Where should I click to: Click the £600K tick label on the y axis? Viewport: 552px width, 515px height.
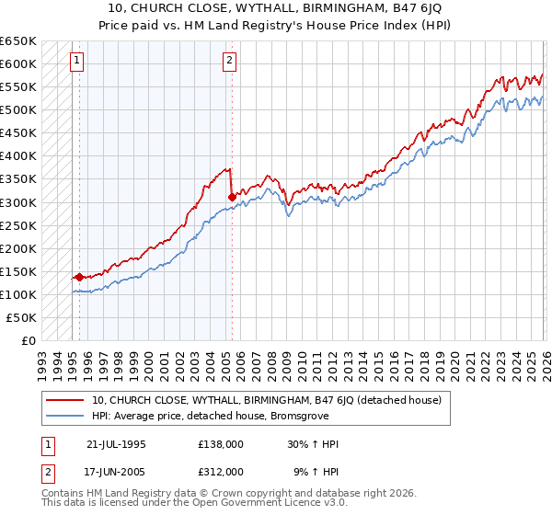18,64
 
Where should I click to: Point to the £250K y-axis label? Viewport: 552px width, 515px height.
18,225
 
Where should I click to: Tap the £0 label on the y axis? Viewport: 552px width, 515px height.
28,340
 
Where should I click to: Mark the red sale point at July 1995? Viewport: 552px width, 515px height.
80,276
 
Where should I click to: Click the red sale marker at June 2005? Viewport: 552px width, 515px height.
232,196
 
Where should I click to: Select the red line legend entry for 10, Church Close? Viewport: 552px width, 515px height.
267,400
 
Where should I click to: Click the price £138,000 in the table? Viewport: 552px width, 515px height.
221,444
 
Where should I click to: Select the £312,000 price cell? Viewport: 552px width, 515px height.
221,471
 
